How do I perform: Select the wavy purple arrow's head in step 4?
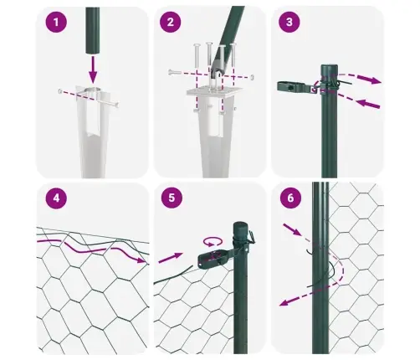[141, 262]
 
